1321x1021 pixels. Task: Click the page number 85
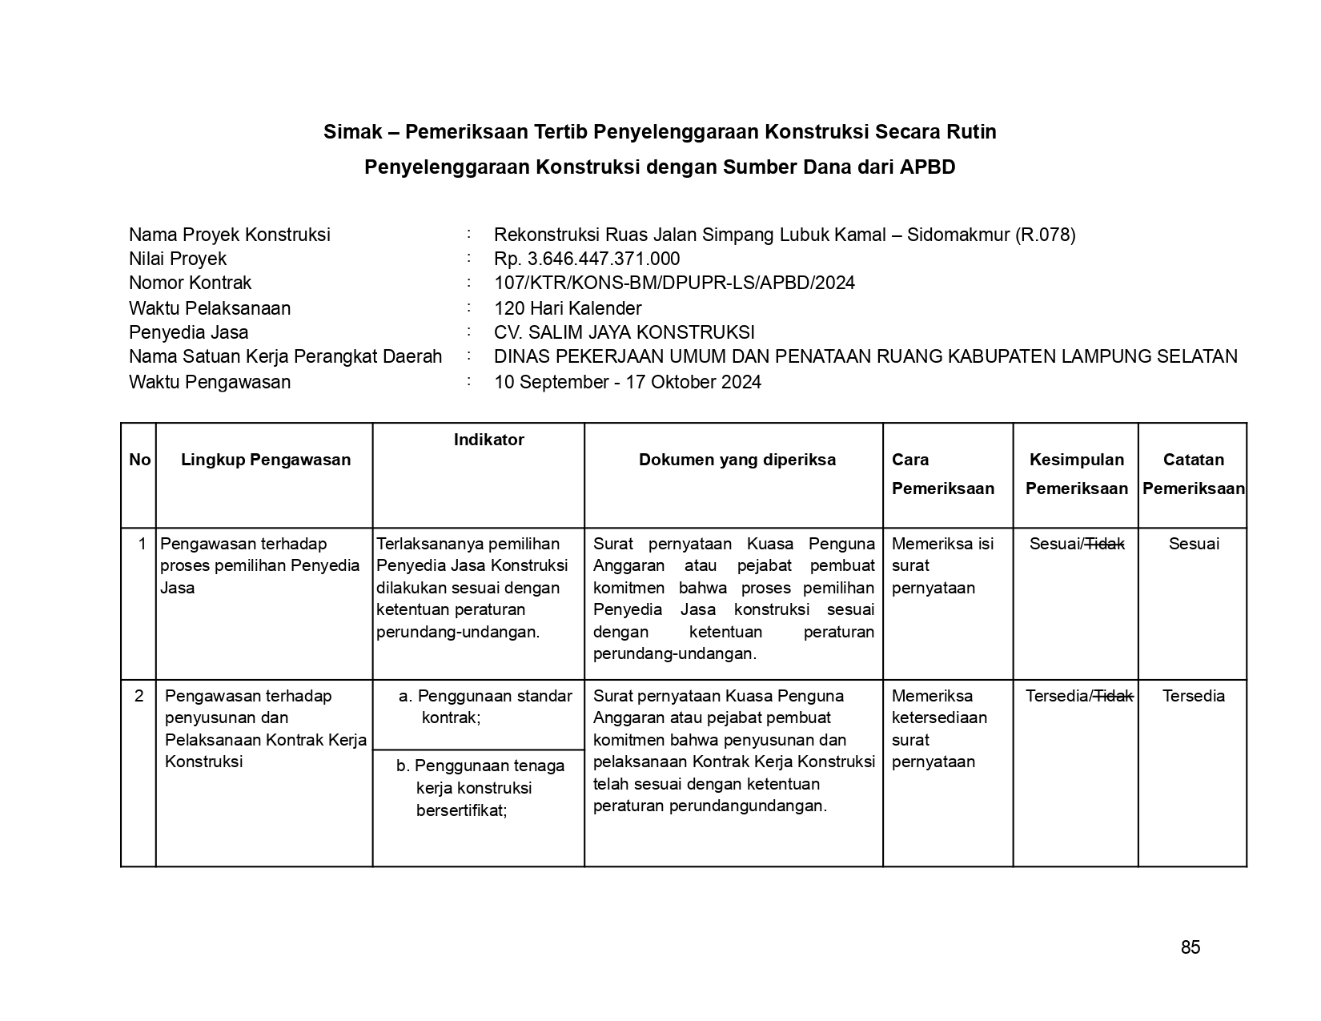coord(1190,947)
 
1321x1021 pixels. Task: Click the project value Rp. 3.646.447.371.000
coord(587,259)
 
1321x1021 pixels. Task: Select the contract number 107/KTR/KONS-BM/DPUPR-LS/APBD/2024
coord(674,283)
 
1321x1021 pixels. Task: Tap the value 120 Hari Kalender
coord(568,308)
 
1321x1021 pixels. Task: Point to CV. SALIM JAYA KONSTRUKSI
coord(624,332)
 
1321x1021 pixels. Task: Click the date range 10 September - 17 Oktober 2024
coord(627,382)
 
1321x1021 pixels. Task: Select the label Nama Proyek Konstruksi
coord(230,235)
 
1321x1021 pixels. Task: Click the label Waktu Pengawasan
coord(210,382)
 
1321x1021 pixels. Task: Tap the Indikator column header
coord(488,440)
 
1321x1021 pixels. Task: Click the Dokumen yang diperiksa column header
coord(737,460)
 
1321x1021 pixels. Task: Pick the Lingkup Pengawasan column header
coord(266,460)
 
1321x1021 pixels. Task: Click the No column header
coord(139,460)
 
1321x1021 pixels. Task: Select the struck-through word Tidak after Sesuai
coord(1105,544)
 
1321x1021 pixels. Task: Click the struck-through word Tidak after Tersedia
coord(1114,696)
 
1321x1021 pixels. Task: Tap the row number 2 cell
coord(139,696)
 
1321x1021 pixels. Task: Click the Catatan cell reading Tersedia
coord(1193,696)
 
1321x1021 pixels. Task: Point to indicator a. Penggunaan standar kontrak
coord(485,706)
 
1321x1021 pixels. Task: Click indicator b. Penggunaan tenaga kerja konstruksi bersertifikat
coord(480,788)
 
